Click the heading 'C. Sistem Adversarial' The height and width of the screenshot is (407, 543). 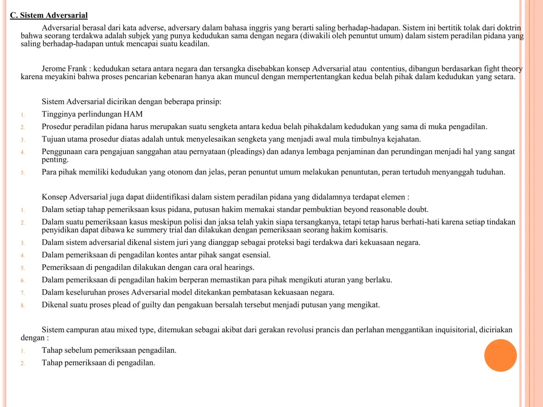point(49,16)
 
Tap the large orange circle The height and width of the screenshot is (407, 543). point(500,355)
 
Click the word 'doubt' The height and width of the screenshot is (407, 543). point(417,209)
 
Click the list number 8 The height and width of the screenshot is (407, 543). point(23,305)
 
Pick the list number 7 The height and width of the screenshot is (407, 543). point(23,292)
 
